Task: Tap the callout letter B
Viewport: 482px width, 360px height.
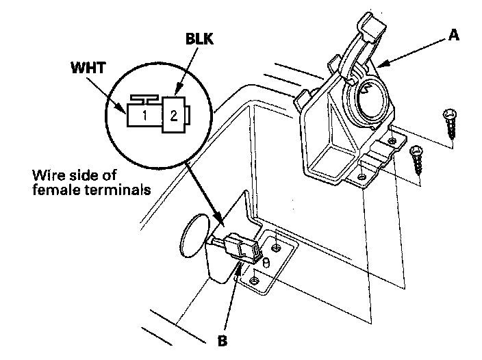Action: pos(223,340)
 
